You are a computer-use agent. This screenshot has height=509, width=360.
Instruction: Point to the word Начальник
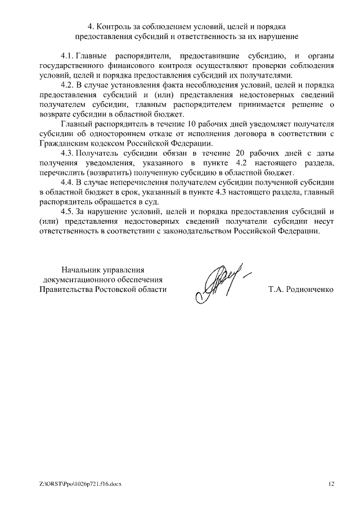pos(82,269)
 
